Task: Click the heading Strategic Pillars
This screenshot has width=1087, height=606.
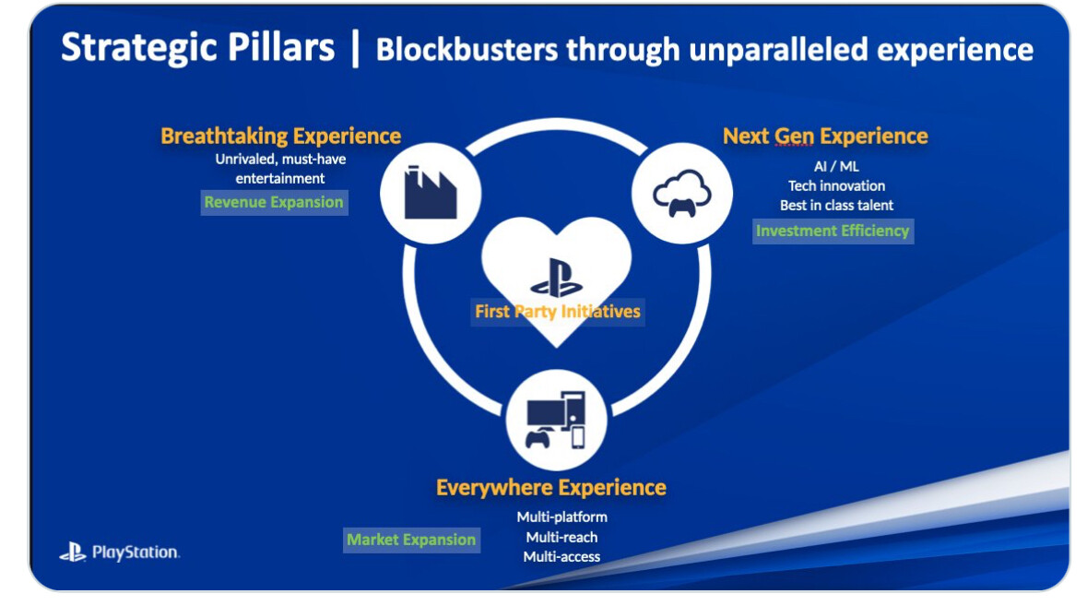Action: (x=197, y=49)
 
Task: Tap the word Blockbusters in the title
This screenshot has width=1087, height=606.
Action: (x=467, y=50)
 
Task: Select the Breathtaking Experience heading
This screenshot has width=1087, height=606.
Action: (x=281, y=136)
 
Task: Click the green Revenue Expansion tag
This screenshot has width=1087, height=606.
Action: (x=274, y=203)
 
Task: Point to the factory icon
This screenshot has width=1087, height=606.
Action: (x=431, y=193)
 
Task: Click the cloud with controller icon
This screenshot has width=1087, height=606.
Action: (x=682, y=194)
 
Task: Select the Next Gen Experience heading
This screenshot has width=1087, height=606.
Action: (x=825, y=136)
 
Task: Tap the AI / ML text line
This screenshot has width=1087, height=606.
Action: (x=836, y=166)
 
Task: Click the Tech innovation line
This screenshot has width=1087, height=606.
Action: (x=836, y=185)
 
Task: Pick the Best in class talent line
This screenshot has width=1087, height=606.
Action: (x=836, y=206)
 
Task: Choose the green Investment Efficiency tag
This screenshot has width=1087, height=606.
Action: (x=833, y=231)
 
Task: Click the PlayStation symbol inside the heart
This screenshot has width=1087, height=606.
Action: (x=556, y=278)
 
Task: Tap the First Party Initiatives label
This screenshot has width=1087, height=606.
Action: (x=558, y=312)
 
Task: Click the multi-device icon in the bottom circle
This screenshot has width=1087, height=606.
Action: (x=556, y=421)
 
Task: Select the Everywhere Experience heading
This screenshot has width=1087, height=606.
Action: (x=551, y=487)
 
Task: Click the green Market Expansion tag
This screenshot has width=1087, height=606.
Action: (x=411, y=541)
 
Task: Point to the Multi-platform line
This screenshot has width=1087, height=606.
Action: (x=561, y=517)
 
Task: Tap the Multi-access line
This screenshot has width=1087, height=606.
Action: (x=561, y=557)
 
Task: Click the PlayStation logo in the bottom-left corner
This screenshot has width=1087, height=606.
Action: (x=119, y=552)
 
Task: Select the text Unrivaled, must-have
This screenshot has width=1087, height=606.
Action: (x=280, y=160)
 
